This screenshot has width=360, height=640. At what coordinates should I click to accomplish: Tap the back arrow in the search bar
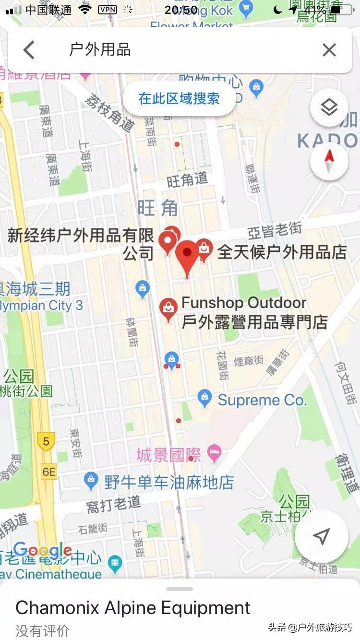29,50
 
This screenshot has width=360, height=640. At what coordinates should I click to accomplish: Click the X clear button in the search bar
329,50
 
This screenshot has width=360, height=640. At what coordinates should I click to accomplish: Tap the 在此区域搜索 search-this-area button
179,99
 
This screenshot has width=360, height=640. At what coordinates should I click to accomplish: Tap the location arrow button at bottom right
321,536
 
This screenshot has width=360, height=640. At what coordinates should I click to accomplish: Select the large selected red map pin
187,257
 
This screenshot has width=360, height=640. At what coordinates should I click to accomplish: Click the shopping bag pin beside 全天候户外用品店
204,249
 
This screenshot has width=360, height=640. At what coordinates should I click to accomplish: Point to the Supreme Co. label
262,400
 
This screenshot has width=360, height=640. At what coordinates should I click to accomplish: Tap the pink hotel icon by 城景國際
214,452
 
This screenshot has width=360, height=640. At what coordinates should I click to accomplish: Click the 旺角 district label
157,208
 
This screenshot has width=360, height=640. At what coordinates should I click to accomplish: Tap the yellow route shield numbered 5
46,441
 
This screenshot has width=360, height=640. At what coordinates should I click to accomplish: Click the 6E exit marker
49,472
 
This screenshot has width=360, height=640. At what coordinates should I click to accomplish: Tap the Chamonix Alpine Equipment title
133,608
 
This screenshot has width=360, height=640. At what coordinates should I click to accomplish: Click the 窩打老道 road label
114,504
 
